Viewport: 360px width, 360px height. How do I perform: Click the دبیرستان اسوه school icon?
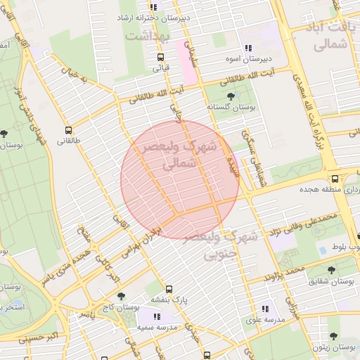(x=248, y=48)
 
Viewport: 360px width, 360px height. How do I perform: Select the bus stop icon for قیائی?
(x=161, y=57)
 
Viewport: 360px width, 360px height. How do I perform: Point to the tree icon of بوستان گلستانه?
(x=232, y=95)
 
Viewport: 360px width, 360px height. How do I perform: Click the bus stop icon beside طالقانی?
(x=69, y=130)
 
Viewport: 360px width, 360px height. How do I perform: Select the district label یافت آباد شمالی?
(x=328, y=36)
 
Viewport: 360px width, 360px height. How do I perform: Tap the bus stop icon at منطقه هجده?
(x=335, y=179)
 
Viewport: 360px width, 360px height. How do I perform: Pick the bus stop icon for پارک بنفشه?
(x=169, y=289)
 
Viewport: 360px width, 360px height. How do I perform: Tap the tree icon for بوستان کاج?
(x=121, y=296)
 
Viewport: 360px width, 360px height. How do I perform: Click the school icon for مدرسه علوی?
(x=265, y=308)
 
